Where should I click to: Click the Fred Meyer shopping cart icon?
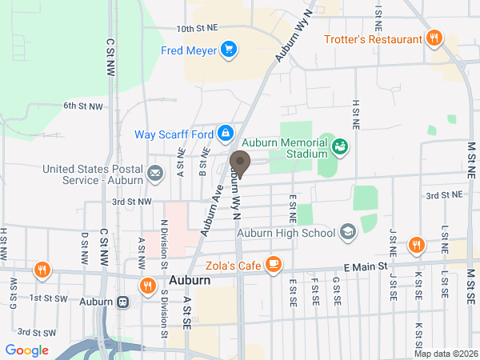(x=230, y=50)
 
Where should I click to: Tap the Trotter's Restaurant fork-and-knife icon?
(x=434, y=38)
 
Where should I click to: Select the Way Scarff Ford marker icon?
(x=226, y=132)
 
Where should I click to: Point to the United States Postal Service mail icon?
(x=155, y=172)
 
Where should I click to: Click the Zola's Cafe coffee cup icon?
(x=274, y=262)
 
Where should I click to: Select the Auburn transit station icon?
(x=123, y=302)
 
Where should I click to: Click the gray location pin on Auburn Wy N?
(x=239, y=163)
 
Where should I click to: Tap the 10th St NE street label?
(x=196, y=28)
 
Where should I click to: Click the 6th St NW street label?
(x=83, y=106)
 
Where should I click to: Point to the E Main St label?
(x=366, y=266)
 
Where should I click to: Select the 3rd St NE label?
(x=444, y=194)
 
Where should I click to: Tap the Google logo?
(x=26, y=350)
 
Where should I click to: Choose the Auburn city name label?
(x=190, y=282)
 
